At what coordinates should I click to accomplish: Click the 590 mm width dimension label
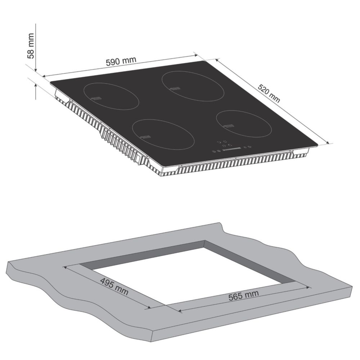121,61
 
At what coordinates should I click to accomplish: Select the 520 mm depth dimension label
269,94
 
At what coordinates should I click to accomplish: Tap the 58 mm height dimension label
31,46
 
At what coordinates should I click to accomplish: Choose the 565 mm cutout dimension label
244,295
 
